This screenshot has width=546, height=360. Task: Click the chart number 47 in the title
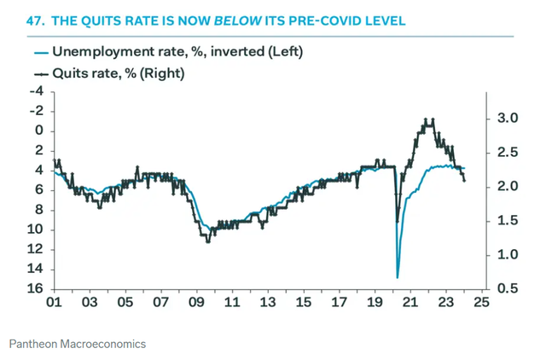pos(16,18)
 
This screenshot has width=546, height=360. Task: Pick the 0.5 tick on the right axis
pos(507,288)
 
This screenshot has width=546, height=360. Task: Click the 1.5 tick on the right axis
pos(507,220)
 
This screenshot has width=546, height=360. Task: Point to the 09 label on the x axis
pos(196,302)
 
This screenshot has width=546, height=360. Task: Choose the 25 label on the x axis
pos(481,302)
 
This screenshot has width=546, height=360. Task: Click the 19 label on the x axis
pos(375,302)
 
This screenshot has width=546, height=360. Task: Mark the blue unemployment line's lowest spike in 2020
pos(398,276)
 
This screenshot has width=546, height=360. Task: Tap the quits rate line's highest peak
pos(432,119)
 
